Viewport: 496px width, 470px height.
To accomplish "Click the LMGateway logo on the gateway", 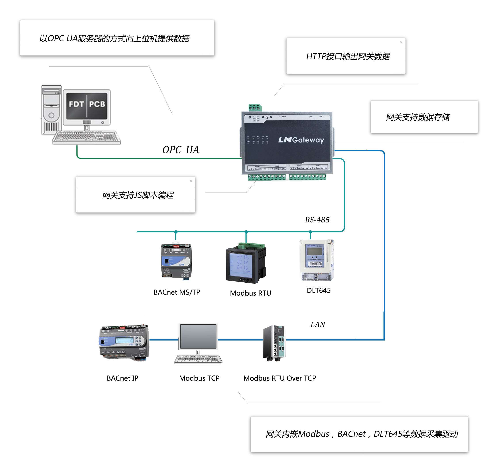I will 301,140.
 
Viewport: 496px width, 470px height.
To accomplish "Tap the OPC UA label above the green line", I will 180,150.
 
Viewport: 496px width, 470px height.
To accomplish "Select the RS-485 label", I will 317,220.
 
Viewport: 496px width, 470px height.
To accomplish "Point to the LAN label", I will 318,324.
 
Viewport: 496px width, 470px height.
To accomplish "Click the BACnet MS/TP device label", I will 177,292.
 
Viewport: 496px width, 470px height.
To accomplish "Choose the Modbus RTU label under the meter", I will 250,293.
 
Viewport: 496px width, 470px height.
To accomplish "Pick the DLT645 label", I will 319,290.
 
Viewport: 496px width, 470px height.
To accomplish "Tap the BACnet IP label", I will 122,378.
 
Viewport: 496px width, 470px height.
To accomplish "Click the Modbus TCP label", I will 199,378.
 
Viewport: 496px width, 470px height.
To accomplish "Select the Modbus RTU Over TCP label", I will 279,378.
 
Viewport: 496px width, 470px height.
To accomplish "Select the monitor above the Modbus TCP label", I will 198,337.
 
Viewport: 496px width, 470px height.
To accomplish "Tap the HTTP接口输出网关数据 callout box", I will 346,56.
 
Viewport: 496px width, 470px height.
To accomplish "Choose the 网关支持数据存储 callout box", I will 424,117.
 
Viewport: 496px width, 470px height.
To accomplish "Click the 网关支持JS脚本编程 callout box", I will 135,195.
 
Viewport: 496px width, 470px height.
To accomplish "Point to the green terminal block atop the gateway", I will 255,108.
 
